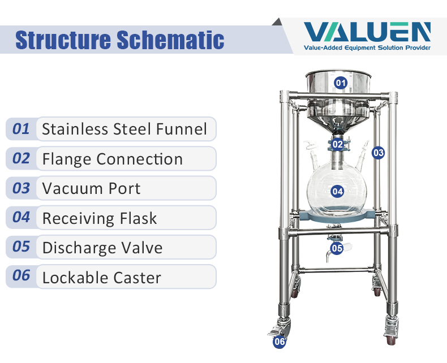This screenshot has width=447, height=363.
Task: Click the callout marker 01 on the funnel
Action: pos(341,83)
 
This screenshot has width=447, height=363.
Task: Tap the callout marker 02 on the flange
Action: pos(338,144)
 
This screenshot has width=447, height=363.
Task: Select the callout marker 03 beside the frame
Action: pos(379,153)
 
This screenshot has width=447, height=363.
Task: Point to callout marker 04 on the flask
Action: pos(338,191)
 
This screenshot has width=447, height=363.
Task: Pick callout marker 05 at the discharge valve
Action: pos(337,248)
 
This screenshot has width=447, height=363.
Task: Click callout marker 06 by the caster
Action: pos(280,342)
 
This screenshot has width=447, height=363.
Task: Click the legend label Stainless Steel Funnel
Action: pos(124,129)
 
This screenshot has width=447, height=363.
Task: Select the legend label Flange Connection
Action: pos(113,159)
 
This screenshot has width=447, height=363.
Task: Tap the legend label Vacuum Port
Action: pos(91,188)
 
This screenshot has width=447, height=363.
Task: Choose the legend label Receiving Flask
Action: pos(100,218)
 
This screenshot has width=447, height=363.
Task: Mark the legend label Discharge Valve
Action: pos(102,247)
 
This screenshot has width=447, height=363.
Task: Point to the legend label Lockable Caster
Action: pos(101,277)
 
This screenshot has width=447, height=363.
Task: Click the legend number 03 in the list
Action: pos(21,188)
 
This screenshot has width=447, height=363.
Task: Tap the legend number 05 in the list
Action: pos(21,247)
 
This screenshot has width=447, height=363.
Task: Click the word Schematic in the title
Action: pos(170,40)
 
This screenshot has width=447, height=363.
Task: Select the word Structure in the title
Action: pos(63,40)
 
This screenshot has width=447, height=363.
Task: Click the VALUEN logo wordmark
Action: pos(367,32)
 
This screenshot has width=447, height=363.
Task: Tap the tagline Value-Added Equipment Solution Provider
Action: pos(367,47)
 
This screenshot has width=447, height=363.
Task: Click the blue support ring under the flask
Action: pos(338,215)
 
